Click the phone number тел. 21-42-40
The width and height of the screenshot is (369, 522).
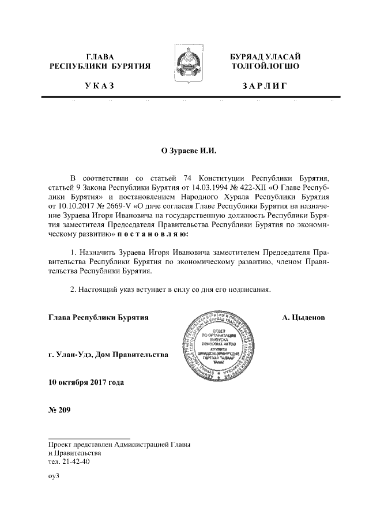pyautogui.click(x=69, y=462)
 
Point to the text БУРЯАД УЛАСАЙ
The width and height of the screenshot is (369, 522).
pyautogui.click(x=265, y=57)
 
